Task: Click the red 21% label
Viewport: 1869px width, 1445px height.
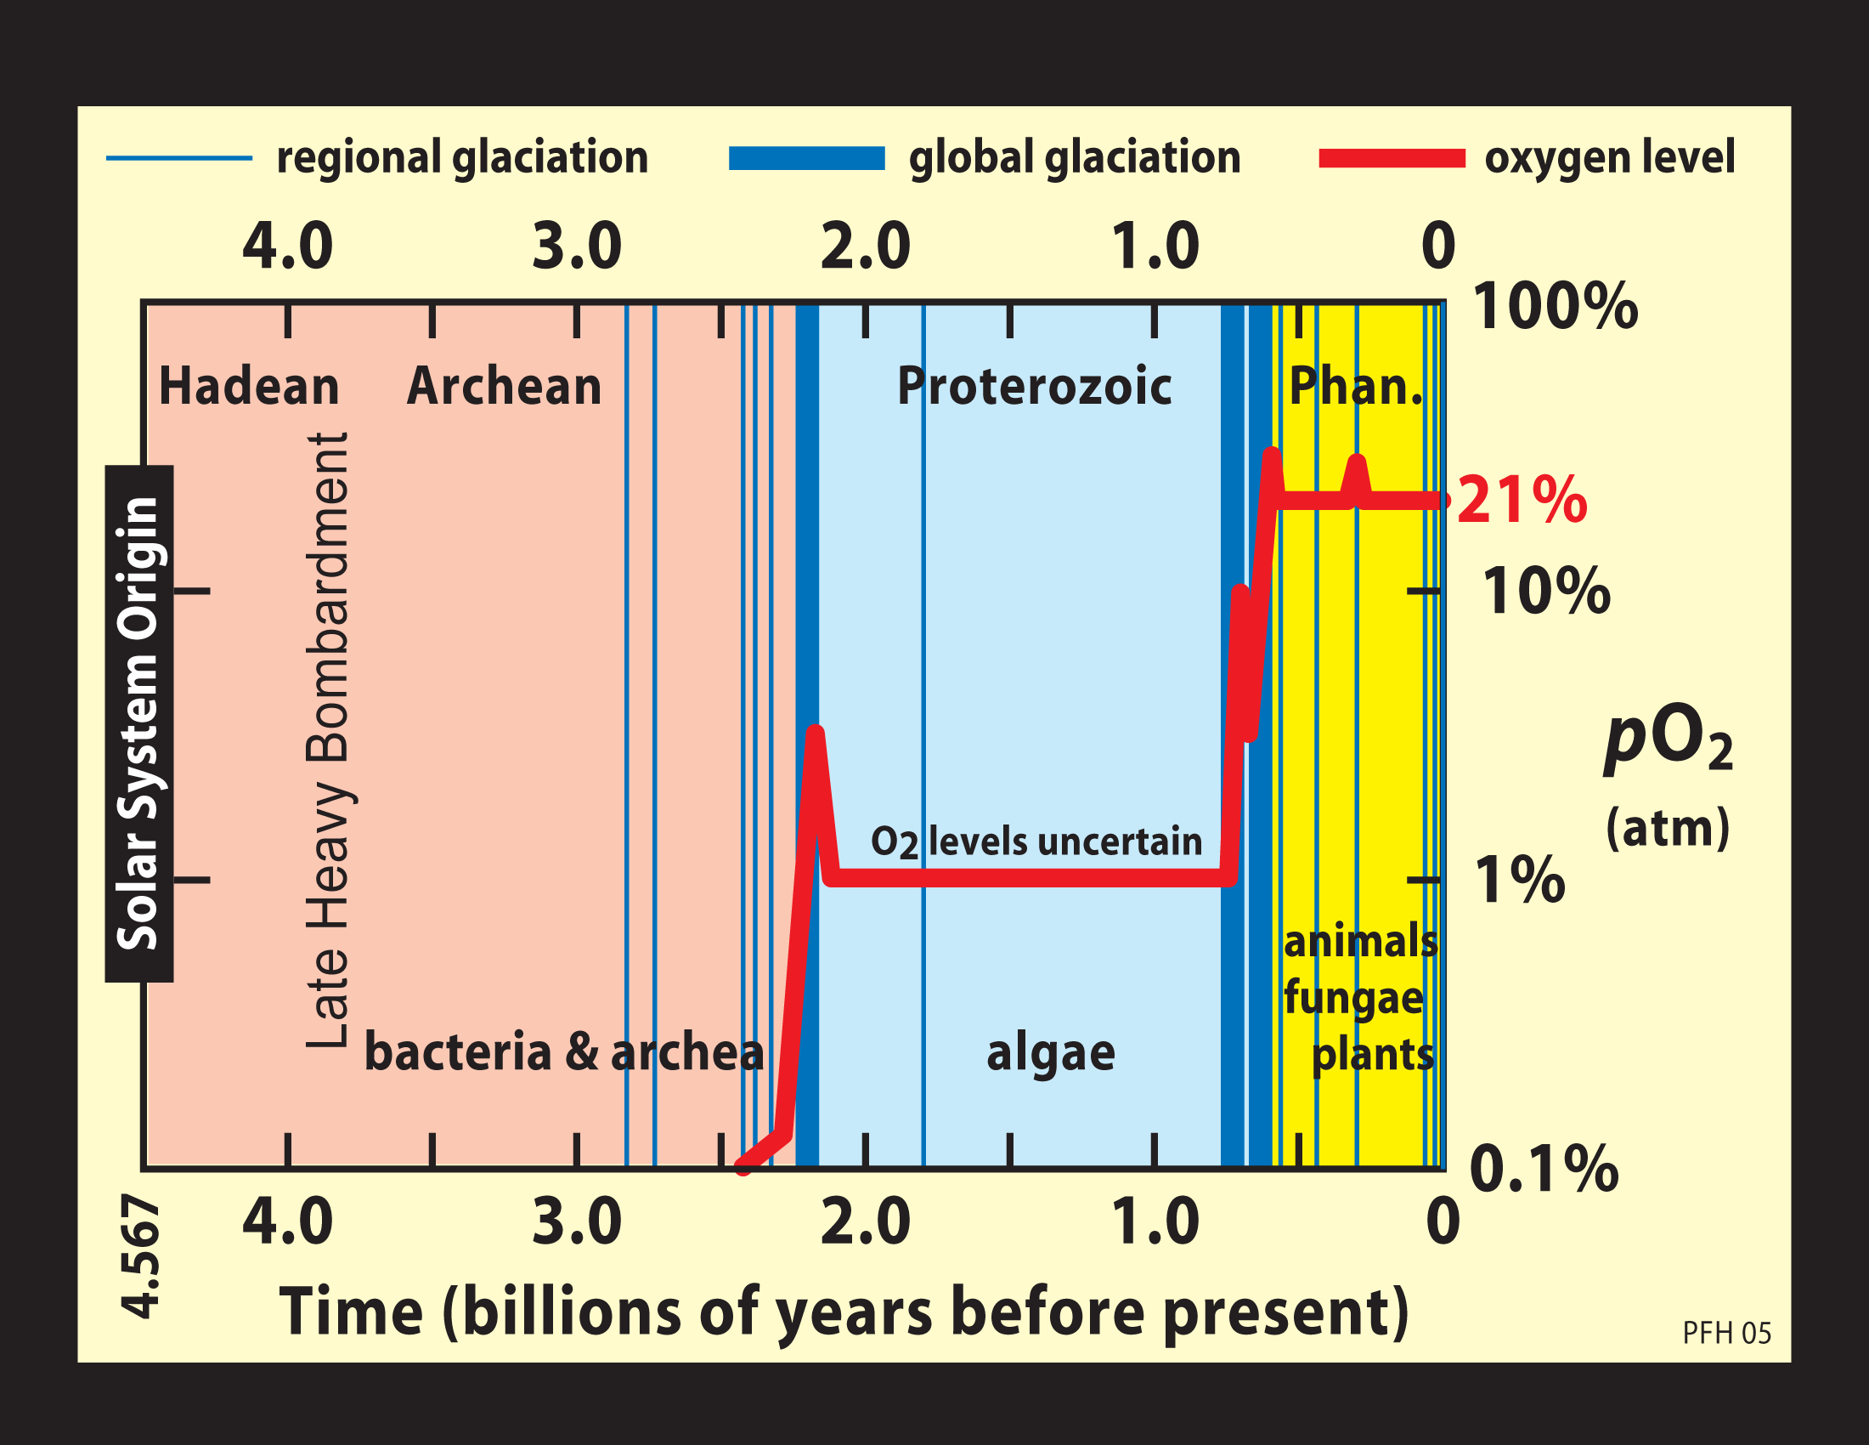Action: tap(1522, 501)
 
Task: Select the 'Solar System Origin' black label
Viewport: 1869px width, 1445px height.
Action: tap(138, 723)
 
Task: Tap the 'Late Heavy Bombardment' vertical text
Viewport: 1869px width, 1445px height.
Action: tap(328, 740)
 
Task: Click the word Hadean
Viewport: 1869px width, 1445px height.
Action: tap(249, 386)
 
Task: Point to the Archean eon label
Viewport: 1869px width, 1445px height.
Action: tap(504, 386)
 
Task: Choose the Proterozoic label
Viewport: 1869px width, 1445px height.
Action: tap(1034, 386)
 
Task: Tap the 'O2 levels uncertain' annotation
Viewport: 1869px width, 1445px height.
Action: tap(1036, 842)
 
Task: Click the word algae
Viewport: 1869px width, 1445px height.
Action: tap(1051, 1052)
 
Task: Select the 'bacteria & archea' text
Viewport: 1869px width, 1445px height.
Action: tap(564, 1052)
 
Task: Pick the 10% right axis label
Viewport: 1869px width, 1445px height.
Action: tap(1545, 592)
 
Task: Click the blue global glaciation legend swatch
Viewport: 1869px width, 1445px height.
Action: tap(806, 158)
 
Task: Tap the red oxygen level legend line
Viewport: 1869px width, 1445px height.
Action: tap(1392, 158)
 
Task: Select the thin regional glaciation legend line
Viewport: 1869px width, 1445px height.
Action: tap(179, 158)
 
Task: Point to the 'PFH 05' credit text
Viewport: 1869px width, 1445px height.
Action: tap(1726, 1333)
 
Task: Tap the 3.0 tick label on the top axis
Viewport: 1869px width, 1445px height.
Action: tap(577, 246)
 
